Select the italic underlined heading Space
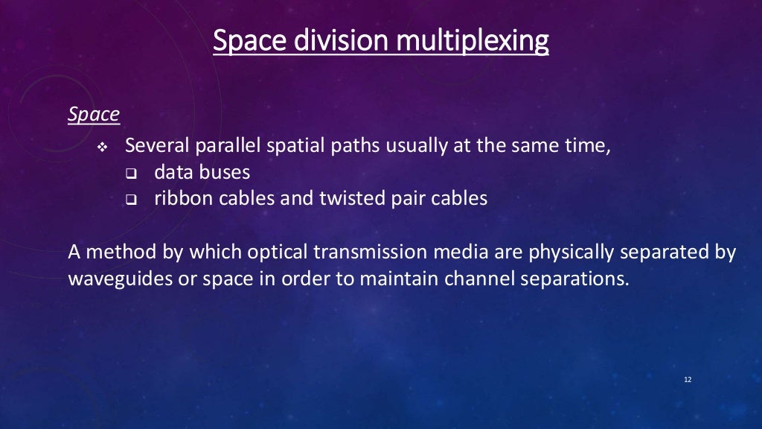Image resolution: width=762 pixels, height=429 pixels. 94,115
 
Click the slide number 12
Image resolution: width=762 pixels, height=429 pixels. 687,380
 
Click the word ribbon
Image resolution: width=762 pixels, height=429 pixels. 178,199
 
